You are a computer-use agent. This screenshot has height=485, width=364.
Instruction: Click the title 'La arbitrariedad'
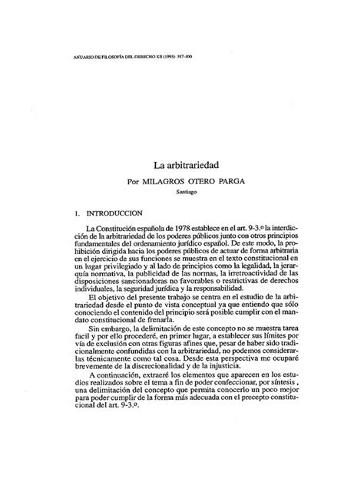[x=182, y=165]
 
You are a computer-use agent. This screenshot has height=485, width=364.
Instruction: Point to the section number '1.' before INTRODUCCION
[x=89, y=214]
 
